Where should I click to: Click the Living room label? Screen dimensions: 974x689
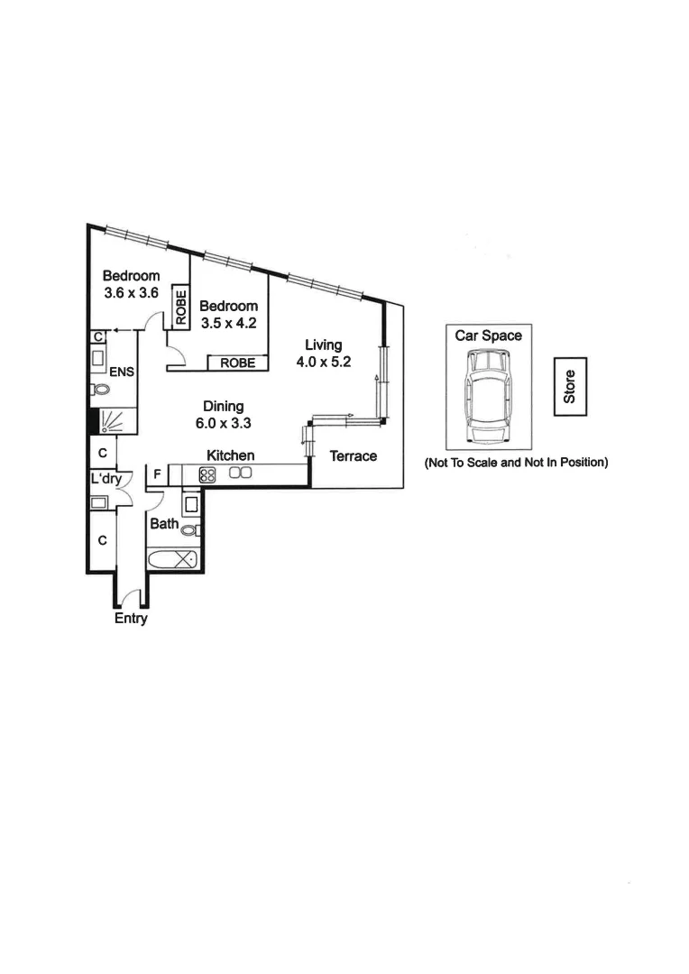(323, 345)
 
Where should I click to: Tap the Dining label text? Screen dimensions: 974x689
(223, 407)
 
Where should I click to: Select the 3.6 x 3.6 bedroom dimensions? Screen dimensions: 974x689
(131, 292)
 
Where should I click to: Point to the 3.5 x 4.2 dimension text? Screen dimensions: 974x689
(228, 322)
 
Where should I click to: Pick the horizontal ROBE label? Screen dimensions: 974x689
(238, 363)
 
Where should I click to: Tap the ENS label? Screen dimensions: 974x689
(122, 371)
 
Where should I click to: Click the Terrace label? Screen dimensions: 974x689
(353, 456)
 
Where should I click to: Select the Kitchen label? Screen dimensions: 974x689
(230, 455)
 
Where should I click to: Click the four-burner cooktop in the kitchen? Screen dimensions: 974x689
(207, 474)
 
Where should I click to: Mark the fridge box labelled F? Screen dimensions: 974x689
(157, 473)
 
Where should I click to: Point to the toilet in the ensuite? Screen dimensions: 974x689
(100, 390)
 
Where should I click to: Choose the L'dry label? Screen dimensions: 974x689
(106, 479)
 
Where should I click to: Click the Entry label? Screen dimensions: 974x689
(131, 619)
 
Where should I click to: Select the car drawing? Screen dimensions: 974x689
(487, 396)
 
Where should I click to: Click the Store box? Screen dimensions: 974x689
(570, 386)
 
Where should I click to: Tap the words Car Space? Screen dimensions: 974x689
(488, 335)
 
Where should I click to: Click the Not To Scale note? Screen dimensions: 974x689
(517, 463)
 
